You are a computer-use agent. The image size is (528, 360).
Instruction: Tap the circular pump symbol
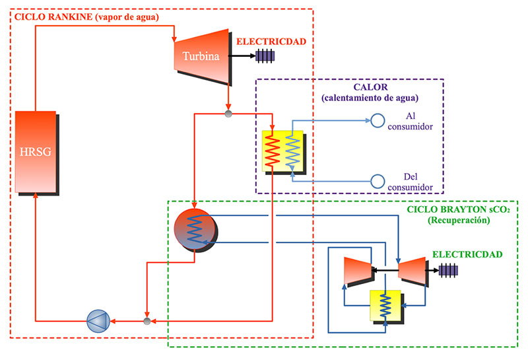97,321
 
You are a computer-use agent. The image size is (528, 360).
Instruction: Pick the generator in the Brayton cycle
449,270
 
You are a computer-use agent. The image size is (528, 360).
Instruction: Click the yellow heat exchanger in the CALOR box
282,151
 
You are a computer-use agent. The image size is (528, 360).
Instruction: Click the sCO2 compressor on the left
358,270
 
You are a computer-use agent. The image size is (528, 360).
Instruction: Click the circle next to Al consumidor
377,121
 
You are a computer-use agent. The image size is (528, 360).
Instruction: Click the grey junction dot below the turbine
228,114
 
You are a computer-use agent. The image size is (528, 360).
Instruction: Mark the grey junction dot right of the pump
147,321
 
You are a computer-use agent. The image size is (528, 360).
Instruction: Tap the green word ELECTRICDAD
463,254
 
